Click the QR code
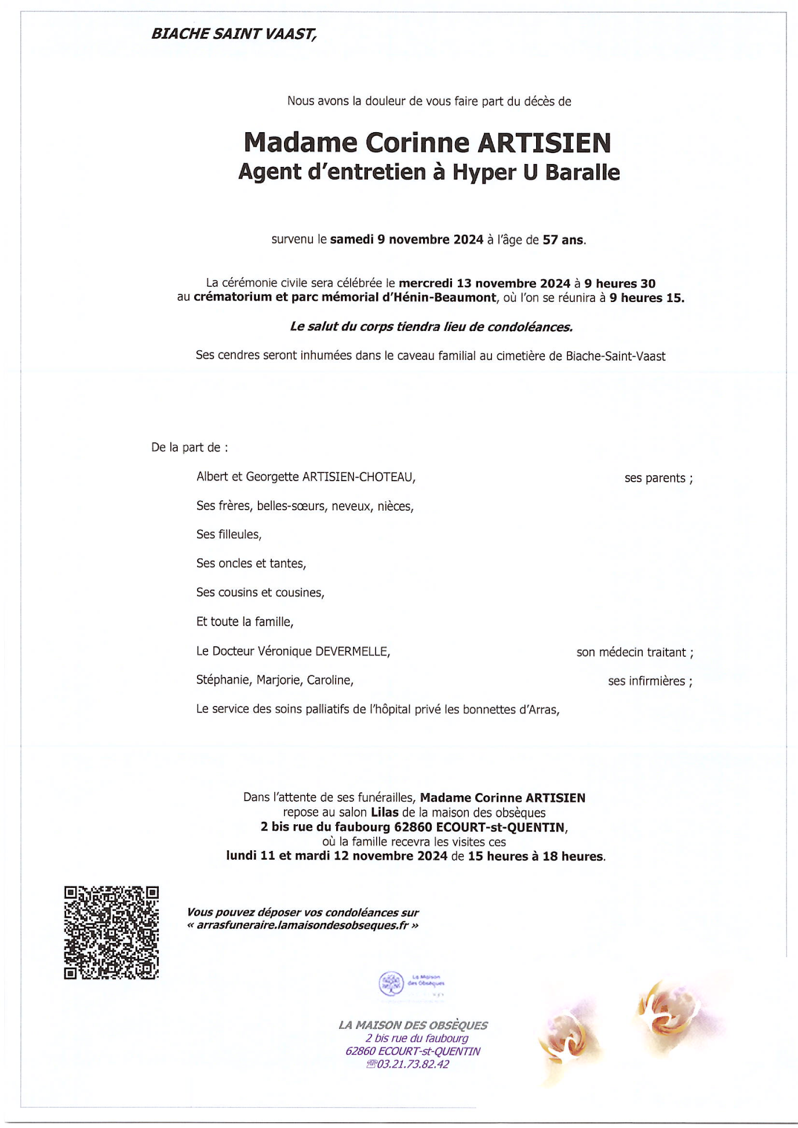(111, 933)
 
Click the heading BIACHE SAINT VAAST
(234, 34)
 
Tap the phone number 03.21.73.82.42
(412, 1064)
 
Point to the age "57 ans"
(563, 240)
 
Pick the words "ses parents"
(655, 478)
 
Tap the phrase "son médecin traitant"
(631, 653)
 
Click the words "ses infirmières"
(646, 682)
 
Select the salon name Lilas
(385, 813)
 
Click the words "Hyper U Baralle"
(536, 173)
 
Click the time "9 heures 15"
(646, 299)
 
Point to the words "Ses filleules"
(229, 535)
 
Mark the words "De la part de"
(186, 448)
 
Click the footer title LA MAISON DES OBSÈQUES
(413, 1025)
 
